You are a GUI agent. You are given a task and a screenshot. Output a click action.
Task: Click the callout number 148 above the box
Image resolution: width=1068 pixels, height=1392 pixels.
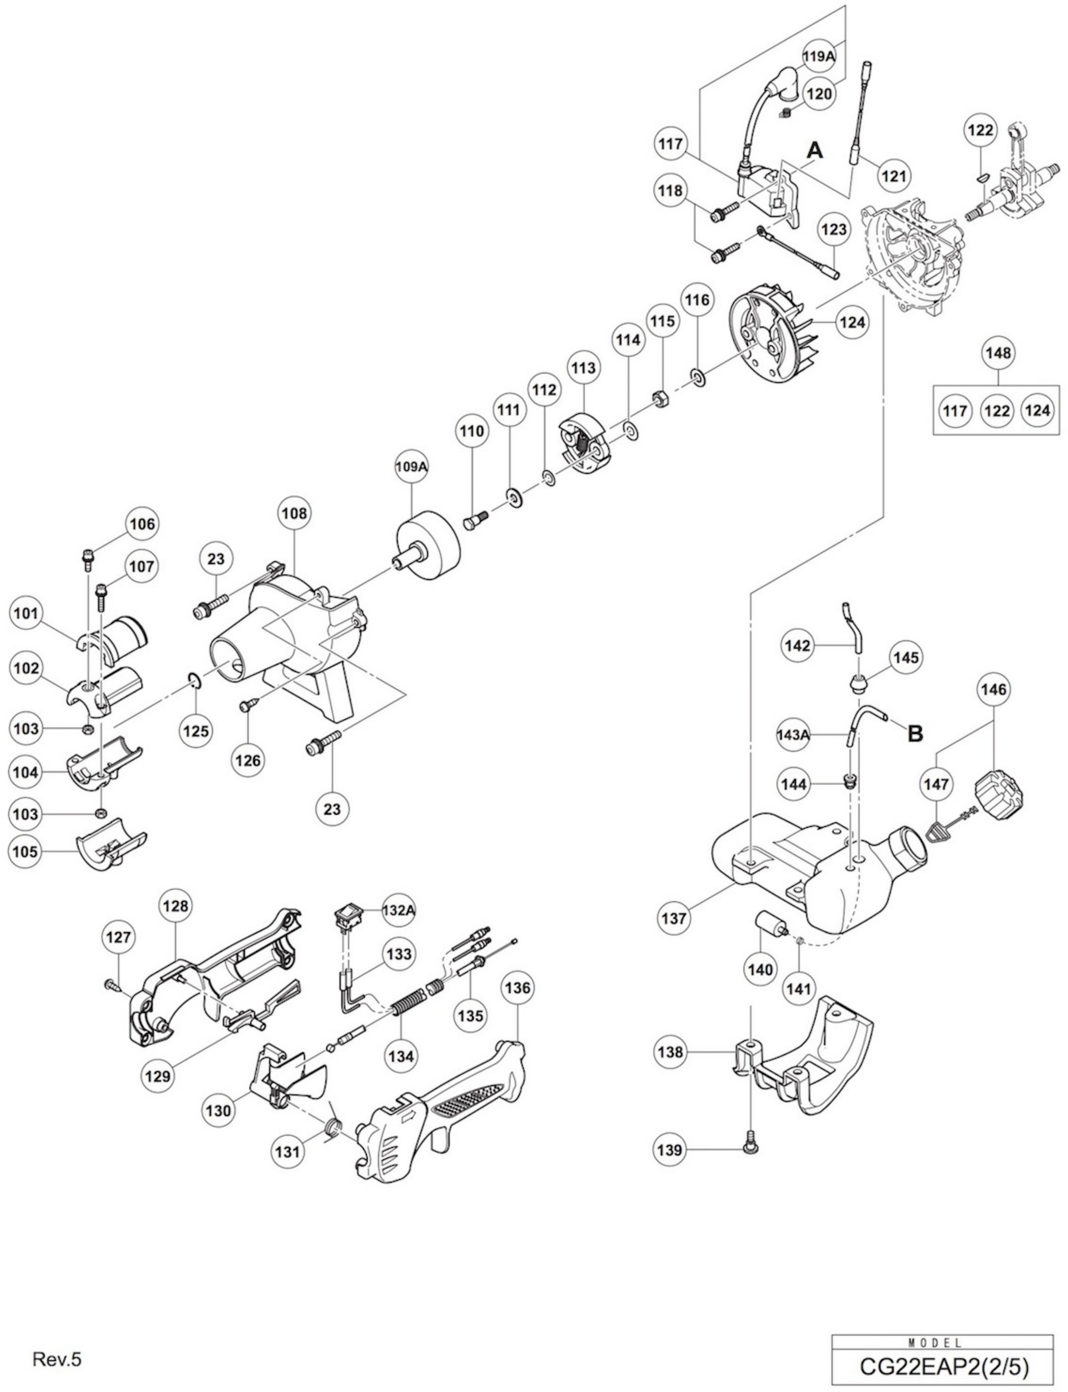tap(998, 352)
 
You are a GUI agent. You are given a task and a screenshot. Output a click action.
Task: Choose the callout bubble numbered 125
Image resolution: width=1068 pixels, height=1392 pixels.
tap(196, 731)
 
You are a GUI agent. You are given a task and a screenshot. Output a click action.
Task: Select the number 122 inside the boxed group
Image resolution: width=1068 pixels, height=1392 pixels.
tap(997, 411)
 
